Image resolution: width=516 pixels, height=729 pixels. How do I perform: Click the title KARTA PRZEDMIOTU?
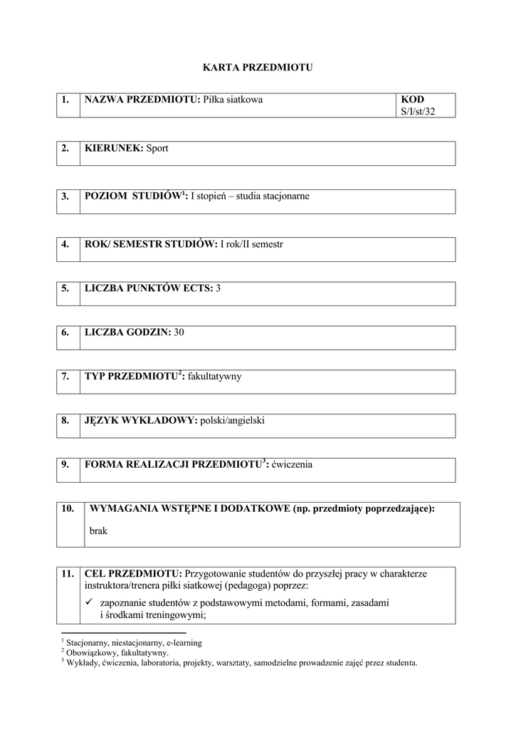[258, 68]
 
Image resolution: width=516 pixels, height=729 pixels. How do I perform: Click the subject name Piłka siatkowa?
[233, 100]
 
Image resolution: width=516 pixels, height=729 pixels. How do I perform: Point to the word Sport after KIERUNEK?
[157, 148]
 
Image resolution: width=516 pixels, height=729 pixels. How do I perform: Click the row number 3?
[65, 196]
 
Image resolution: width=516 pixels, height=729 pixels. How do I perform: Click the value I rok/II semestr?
[251, 244]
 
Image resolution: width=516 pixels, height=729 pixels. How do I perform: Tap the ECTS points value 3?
[218, 288]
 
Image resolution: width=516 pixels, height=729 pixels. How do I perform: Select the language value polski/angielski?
[232, 421]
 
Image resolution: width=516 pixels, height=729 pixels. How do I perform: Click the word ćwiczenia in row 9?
[290, 465]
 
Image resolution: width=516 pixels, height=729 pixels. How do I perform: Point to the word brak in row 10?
[98, 530]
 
